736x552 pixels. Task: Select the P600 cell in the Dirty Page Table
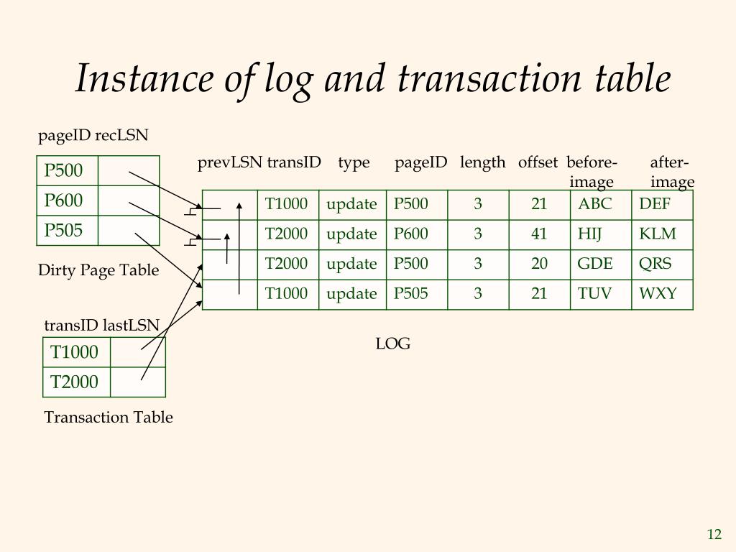click(64, 200)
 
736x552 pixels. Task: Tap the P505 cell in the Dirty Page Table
click(64, 230)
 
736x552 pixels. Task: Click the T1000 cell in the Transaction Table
click(74, 352)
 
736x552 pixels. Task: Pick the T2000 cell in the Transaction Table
click(74, 382)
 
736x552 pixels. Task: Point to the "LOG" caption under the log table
click(392, 344)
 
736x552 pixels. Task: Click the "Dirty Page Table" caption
click(98, 270)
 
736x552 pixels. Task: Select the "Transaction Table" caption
click(109, 417)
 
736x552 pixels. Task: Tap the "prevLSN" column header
click(230, 162)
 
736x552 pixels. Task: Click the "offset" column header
click(538, 162)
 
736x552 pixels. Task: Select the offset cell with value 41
click(539, 234)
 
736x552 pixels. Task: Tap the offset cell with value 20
click(539, 264)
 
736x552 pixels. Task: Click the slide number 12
click(714, 534)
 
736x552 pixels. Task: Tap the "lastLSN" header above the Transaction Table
click(131, 325)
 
